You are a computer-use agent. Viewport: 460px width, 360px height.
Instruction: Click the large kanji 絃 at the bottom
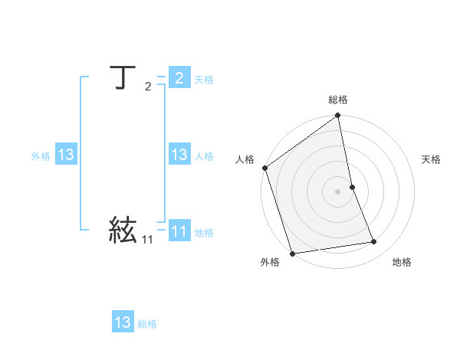123,230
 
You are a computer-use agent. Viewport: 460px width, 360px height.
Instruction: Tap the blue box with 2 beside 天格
179,78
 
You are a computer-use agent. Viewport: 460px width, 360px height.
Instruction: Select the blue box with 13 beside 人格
179,155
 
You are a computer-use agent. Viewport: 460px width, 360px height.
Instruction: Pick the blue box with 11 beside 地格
179,232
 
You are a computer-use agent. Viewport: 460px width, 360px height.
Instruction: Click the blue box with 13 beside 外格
66,155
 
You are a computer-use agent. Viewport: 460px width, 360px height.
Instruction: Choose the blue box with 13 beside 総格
123,322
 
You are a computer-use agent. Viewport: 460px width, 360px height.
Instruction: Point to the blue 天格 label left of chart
204,80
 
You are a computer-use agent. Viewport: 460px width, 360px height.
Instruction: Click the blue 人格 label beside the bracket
204,156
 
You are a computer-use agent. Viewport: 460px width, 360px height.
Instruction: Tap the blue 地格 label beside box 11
204,233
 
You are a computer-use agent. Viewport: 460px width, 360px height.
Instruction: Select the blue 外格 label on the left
41,156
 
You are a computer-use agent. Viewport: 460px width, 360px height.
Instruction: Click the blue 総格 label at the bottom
147,324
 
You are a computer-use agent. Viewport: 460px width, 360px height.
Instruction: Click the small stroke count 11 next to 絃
147,240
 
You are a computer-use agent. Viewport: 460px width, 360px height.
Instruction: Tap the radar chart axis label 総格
338,100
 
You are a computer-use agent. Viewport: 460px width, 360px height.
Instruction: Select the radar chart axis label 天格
432,159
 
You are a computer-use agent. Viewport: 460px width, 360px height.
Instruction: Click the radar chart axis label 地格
402,262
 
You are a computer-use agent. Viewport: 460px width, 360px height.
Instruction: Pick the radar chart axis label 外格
270,262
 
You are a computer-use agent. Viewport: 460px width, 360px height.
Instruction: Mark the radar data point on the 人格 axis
265,168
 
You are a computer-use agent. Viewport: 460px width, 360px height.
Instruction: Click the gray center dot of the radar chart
338,191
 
